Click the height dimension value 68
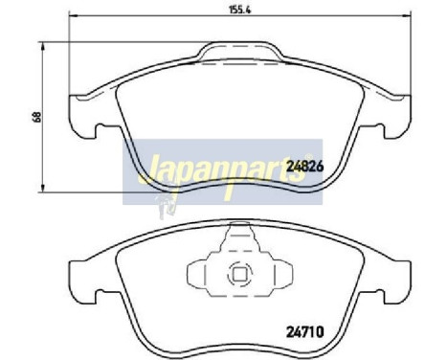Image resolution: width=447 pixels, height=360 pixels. (35, 117)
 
